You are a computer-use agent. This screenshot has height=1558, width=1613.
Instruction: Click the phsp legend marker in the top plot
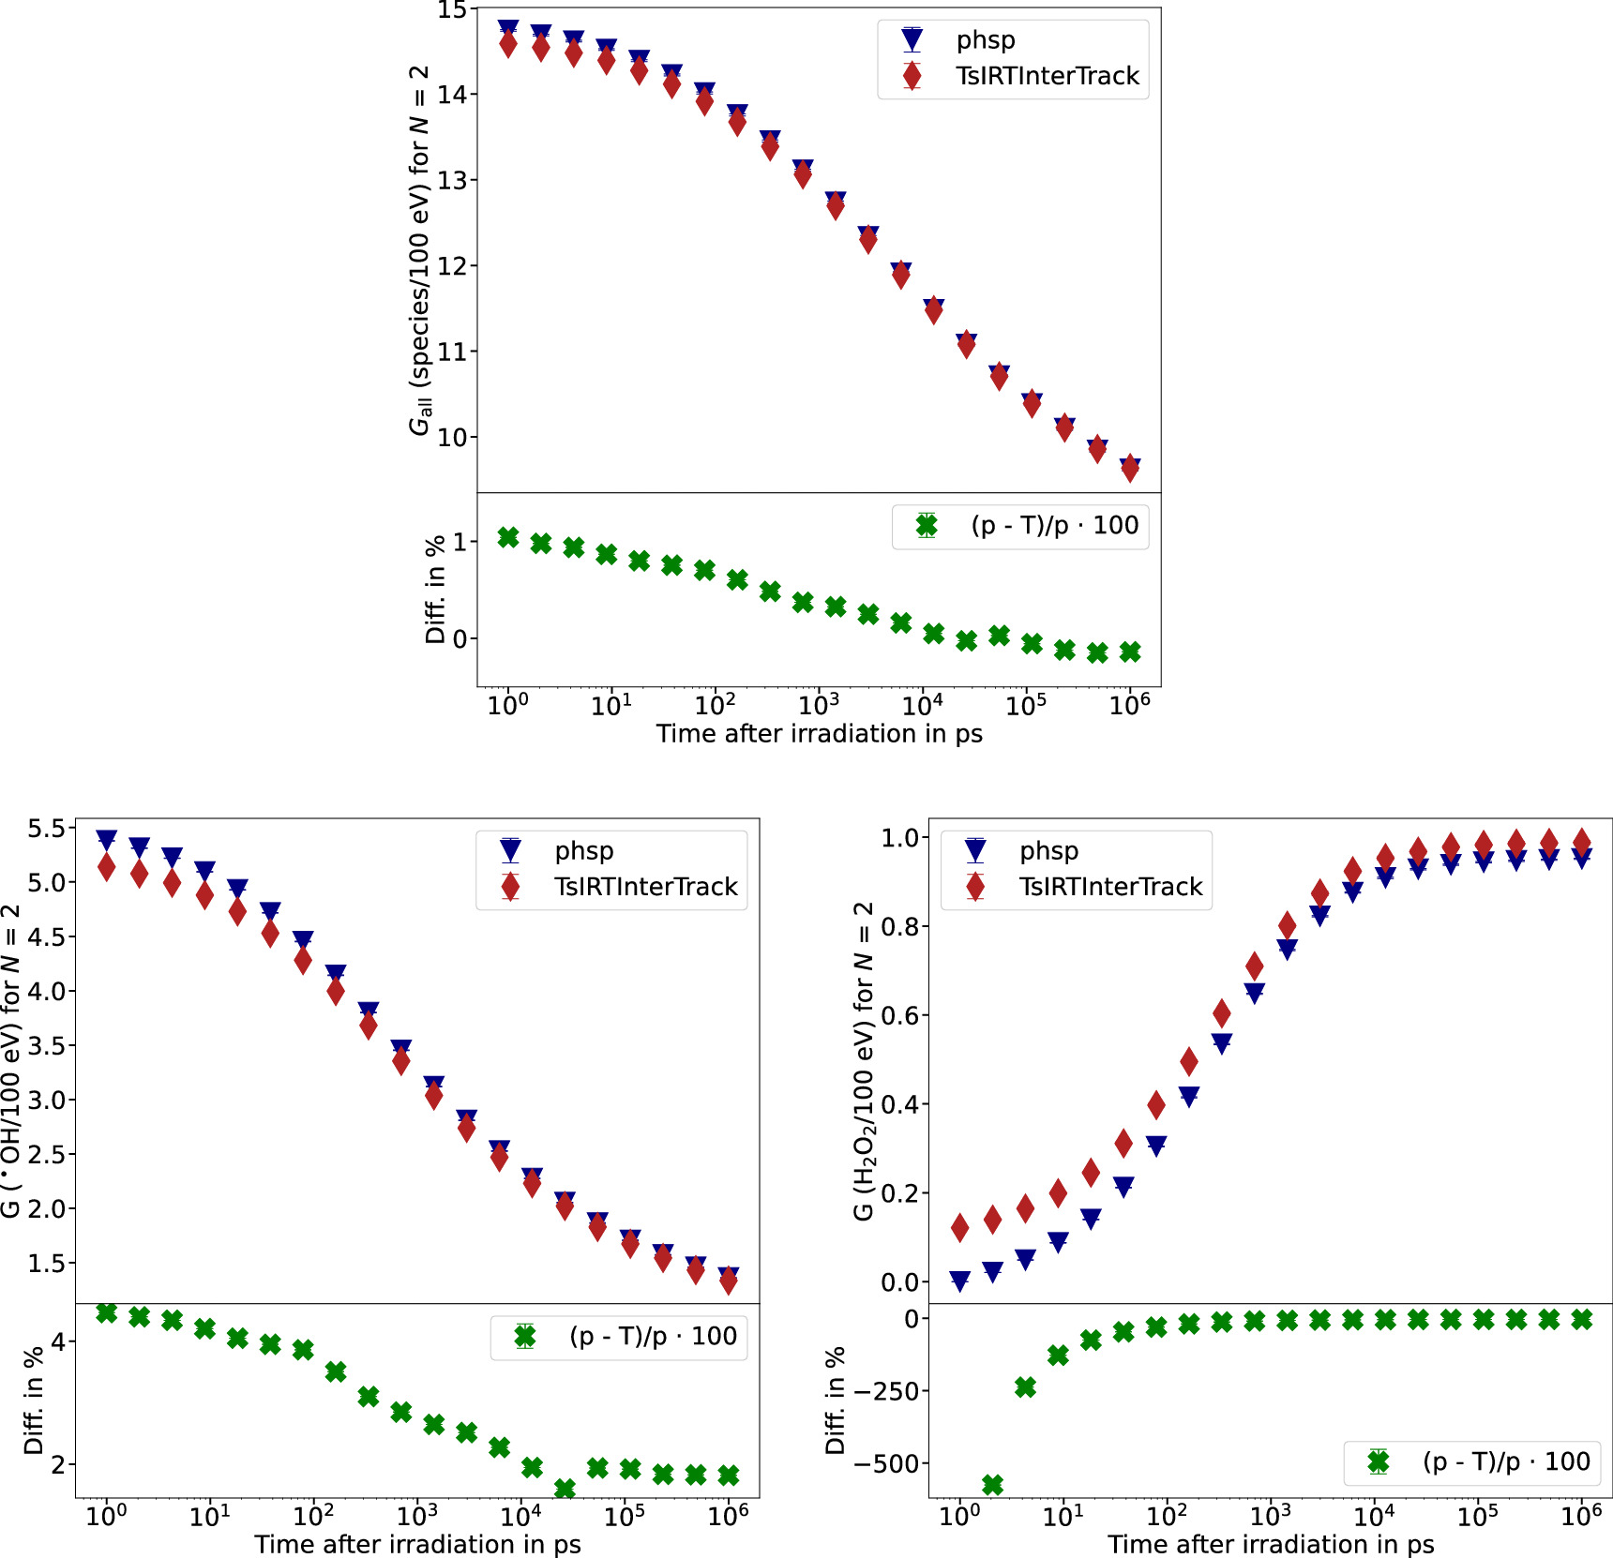912,40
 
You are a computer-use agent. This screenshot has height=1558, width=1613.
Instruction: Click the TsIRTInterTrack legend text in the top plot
1047,76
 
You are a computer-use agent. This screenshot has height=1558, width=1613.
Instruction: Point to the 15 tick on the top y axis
452,11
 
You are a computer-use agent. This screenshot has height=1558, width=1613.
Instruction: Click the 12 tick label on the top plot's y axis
452,266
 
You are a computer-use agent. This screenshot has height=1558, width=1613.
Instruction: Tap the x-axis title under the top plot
819,734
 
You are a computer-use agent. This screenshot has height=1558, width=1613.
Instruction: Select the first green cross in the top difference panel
508,537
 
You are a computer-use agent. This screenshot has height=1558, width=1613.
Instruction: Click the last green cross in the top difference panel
1130,652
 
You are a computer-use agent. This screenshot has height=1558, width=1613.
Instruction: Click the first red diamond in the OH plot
107,867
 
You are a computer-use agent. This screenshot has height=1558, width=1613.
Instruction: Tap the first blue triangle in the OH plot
107,840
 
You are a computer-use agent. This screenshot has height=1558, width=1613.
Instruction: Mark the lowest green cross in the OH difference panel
565,1489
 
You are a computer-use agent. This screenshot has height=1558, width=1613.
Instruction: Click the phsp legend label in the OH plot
584,851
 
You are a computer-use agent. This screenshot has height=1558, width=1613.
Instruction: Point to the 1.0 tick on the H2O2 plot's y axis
899,838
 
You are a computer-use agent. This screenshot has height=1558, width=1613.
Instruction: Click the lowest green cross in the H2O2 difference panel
992,1485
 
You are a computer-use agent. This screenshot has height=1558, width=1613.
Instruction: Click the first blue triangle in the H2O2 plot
959,1281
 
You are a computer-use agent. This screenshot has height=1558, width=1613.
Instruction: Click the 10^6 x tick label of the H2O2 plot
1580,1516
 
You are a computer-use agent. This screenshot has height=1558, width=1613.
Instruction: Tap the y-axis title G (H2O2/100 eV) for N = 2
863,1059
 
